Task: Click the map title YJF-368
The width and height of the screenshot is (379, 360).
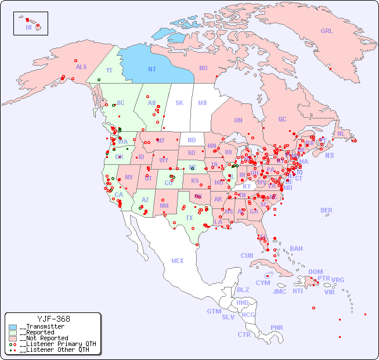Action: (53, 319)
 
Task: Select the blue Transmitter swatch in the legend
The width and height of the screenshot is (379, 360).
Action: (13, 327)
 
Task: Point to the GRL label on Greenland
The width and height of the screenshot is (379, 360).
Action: (327, 31)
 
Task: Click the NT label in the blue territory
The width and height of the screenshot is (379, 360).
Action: (152, 69)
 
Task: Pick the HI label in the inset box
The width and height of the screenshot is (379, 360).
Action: (28, 27)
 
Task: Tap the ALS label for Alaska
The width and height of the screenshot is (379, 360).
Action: (81, 67)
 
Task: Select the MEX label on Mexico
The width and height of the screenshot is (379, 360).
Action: (178, 261)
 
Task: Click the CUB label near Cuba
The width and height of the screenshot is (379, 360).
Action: (247, 255)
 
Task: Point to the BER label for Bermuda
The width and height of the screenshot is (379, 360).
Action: (327, 210)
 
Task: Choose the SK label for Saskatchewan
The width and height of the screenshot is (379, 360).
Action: (179, 103)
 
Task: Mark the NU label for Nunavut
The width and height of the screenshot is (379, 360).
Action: (203, 68)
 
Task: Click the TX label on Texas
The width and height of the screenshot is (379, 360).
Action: (189, 218)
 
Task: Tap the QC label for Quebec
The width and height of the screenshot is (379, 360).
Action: (282, 119)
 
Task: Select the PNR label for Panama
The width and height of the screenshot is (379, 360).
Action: (277, 327)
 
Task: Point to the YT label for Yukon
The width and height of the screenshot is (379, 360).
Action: (109, 70)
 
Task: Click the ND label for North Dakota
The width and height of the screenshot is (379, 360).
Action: (192, 140)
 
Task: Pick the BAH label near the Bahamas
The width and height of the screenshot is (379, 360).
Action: (296, 249)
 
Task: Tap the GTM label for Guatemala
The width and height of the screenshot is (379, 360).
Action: (214, 311)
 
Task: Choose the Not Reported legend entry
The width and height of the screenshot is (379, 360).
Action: (43, 338)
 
